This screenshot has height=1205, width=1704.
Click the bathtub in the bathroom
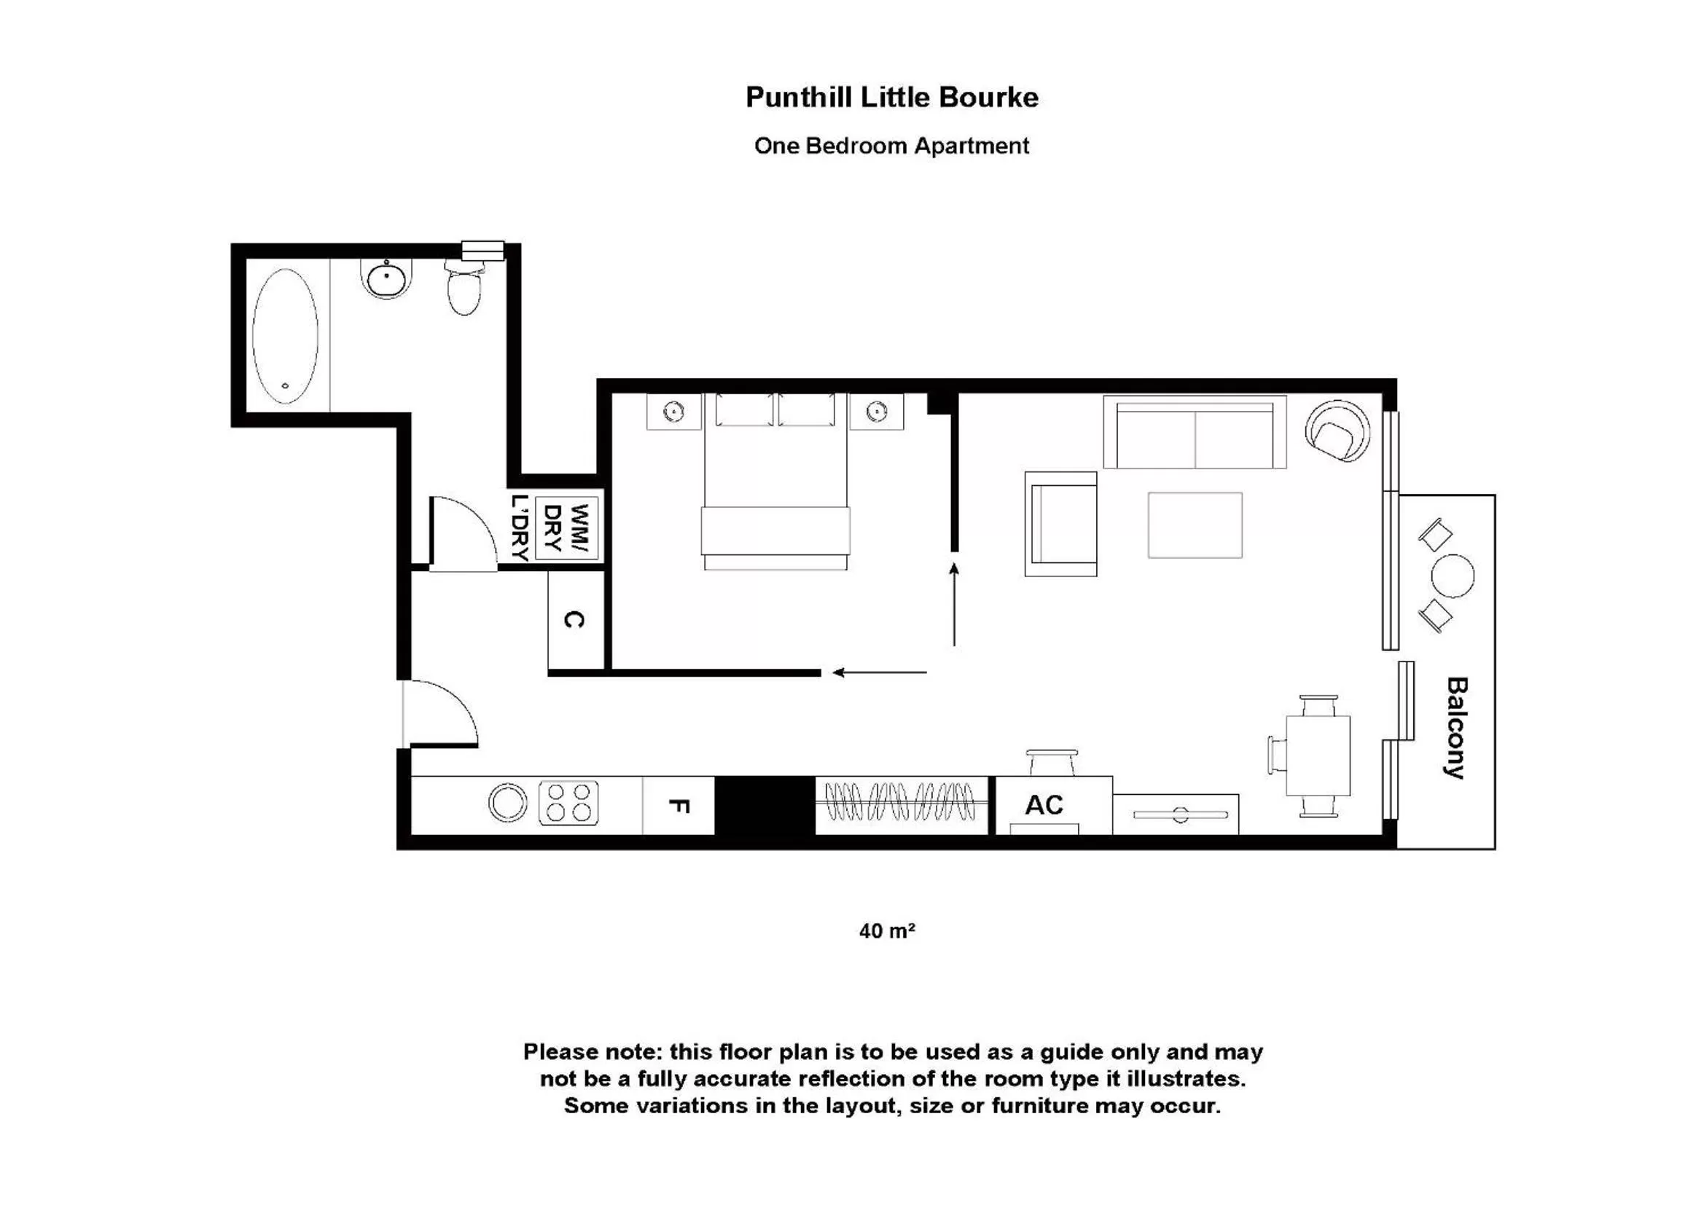[285, 336]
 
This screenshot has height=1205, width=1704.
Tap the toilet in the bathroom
[464, 290]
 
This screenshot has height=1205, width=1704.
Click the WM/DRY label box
[566, 528]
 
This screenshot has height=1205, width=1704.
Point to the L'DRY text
[520, 528]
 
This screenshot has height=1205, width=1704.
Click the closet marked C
[574, 620]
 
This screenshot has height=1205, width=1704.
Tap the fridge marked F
[679, 806]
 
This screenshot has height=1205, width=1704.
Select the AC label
[1044, 805]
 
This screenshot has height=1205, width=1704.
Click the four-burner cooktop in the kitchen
[568, 803]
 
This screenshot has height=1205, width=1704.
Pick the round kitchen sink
[508, 803]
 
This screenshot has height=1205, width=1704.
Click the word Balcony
[1456, 728]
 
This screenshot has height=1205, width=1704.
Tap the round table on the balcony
[1453, 576]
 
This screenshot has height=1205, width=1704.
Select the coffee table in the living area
[1194, 525]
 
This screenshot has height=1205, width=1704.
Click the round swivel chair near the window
[1337, 431]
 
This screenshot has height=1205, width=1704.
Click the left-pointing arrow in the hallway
[879, 673]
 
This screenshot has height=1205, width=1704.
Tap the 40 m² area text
[887, 931]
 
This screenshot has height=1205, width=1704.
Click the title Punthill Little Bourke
[891, 97]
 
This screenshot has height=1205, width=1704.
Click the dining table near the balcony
[1317, 755]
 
